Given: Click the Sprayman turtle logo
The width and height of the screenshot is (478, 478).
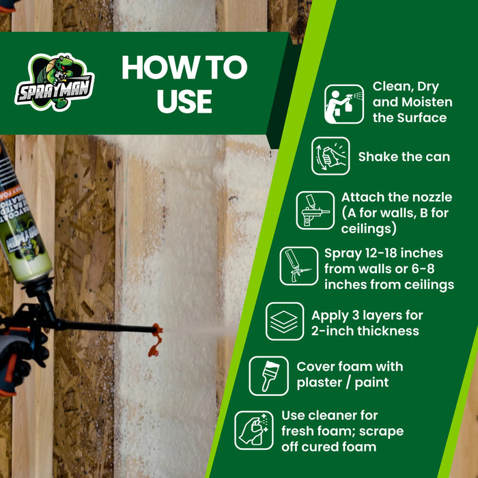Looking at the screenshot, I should [55, 82].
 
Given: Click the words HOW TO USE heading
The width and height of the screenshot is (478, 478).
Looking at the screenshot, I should [184, 85].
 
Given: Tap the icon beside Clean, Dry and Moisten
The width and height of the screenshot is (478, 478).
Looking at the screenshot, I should [343, 104].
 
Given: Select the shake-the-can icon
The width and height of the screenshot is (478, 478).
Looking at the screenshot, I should [331, 156].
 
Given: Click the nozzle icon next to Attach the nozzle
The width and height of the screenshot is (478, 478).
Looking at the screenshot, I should [315, 210].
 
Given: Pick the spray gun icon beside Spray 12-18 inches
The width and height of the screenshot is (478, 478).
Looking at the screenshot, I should [298, 266].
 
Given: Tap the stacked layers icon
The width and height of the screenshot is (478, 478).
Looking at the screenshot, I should [285, 321].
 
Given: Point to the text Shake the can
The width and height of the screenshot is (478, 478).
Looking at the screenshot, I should [404, 156].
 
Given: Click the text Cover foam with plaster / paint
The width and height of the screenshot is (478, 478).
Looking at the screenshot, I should [350, 374].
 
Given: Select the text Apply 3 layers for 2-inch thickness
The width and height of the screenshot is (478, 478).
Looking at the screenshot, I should [367, 323].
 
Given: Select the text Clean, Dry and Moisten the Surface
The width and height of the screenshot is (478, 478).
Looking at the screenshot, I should [412, 102].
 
